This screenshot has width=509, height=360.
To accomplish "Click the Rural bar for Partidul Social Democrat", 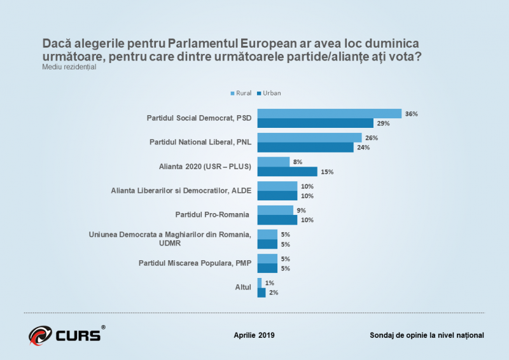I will pyautogui.click(x=329, y=114).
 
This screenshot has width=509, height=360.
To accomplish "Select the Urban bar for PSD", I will pyautogui.click(x=316, y=123).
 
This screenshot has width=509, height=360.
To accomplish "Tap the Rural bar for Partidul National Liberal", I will pyautogui.click(x=309, y=137).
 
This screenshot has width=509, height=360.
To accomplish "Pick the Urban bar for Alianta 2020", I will pyautogui.click(x=287, y=171).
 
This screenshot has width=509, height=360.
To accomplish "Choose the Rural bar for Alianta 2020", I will pyautogui.click(x=273, y=162).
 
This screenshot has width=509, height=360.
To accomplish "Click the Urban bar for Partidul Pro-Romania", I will pyautogui.click(x=277, y=219).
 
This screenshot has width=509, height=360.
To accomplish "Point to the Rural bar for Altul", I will pyautogui.click(x=260, y=283).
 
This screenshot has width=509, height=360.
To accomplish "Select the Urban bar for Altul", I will pyautogui.click(x=261, y=293).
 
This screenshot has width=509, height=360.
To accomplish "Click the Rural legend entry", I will pyautogui.click(x=241, y=93).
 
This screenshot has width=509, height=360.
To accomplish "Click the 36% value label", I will pyautogui.click(x=411, y=114).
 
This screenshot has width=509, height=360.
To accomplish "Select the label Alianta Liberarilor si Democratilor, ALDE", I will pyautogui.click(x=181, y=190).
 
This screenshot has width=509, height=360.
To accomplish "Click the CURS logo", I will pyautogui.click(x=66, y=333).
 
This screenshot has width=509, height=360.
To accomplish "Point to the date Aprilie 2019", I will pyautogui.click(x=254, y=335).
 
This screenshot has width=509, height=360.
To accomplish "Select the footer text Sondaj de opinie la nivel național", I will pyautogui.click(x=426, y=335).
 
